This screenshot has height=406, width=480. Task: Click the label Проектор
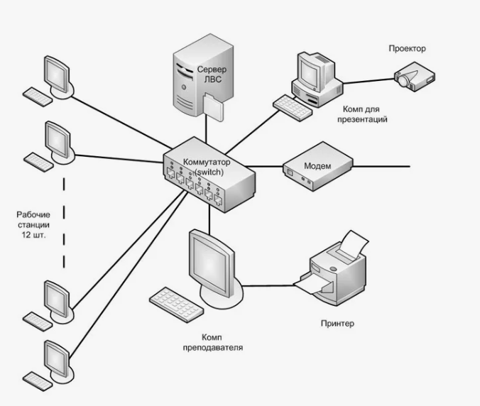[407, 49]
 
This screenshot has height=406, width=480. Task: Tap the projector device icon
[414, 77]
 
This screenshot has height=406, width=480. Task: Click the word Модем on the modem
[317, 166]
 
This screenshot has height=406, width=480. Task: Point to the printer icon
[332, 268]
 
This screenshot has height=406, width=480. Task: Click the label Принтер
[337, 324]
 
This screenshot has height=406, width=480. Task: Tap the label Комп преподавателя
[213, 342]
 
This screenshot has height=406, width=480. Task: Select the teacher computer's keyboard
[176, 304]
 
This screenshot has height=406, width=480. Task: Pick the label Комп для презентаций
[362, 114]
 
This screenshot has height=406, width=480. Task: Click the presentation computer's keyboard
[293, 108]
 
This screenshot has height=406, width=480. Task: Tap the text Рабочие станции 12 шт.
[33, 225]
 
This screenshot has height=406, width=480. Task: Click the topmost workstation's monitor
[57, 75]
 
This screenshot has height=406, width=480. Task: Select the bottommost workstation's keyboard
[38, 381]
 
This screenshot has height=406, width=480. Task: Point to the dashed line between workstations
[64, 223]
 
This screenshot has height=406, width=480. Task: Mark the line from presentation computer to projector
[369, 81]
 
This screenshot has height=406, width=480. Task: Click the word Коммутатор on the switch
[207, 162]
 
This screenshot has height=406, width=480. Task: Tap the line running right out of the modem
[381, 166]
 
